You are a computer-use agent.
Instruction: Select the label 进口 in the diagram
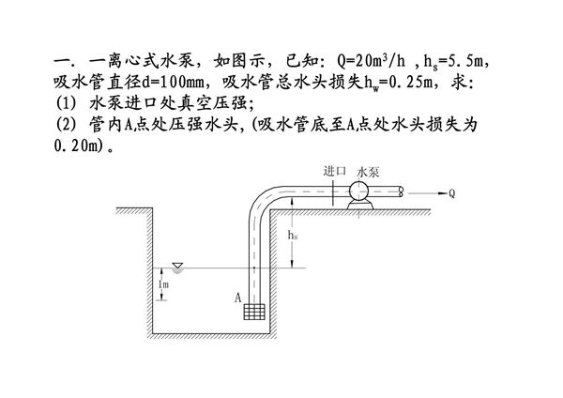coord(334,171)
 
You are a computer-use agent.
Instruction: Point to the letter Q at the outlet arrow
coord(451,194)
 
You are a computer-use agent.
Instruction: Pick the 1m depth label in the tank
coord(163,283)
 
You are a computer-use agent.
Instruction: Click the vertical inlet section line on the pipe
coord(335,191)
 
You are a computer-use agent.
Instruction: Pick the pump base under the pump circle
coord(359,204)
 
